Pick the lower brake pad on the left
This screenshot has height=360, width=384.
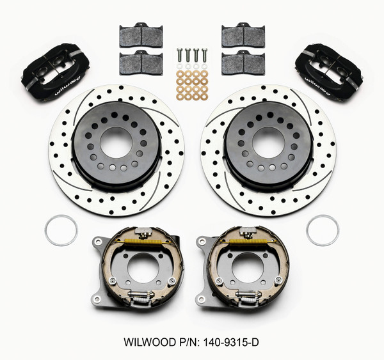point(141,62)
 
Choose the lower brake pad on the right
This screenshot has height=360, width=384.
point(243,62)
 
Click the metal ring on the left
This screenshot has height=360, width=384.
point(61,230)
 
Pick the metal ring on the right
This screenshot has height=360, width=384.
point(323,230)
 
